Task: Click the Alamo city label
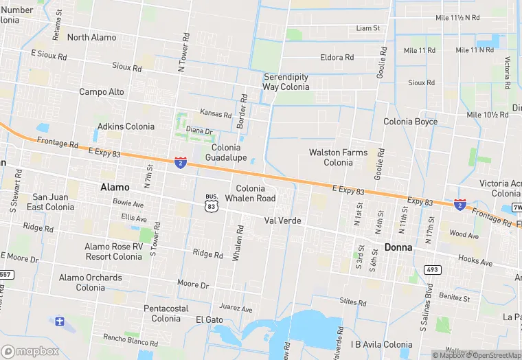[114, 187]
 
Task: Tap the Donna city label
[398, 247]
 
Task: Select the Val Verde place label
[283, 221]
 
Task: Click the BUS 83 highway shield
[212, 201]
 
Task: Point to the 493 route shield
[431, 269]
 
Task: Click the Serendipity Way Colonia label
[286, 82]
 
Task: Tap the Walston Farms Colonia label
[338, 157]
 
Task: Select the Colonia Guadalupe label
[225, 153]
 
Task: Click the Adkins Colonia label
[126, 126]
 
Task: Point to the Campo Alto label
[102, 91]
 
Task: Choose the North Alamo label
[92, 37]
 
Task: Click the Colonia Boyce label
[410, 122]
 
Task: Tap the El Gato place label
[209, 319]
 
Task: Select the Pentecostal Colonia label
[166, 313]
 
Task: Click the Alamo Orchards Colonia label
[90, 282]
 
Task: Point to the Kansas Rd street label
[216, 113]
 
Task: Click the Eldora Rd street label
[337, 58]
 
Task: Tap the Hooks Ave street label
[475, 262]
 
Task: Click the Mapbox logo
[30, 350]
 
